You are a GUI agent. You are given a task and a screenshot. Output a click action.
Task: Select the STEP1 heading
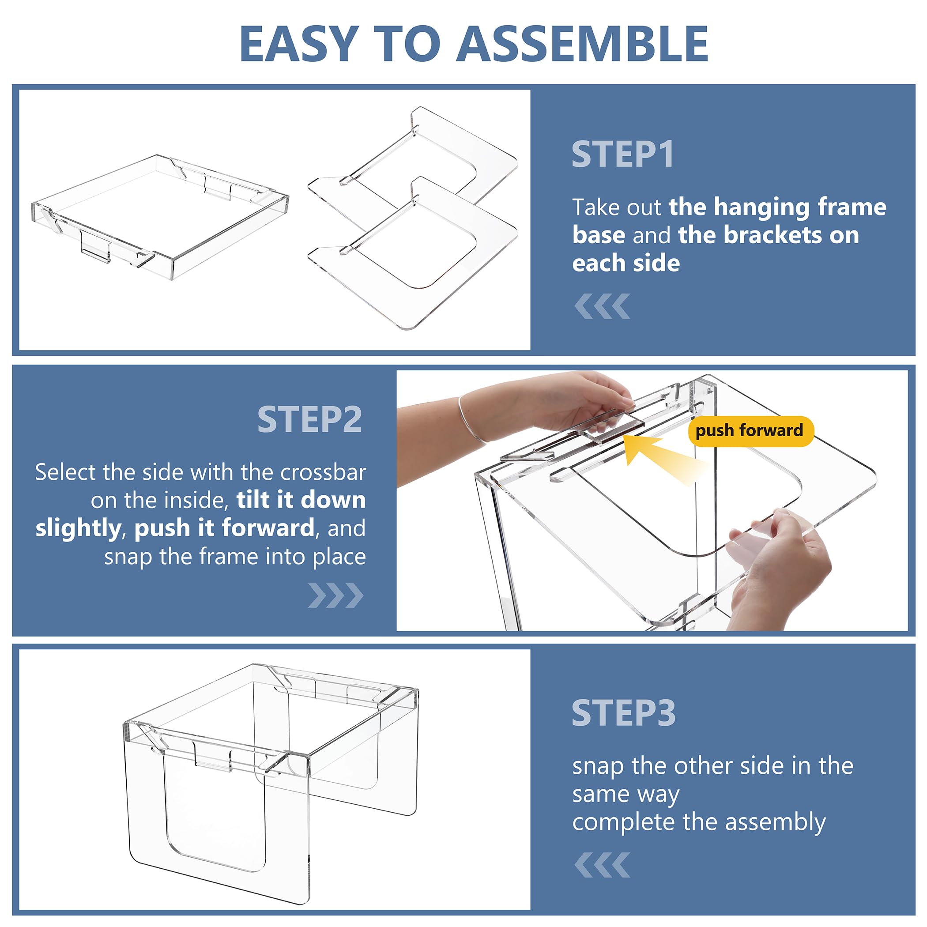pyautogui.click(x=623, y=154)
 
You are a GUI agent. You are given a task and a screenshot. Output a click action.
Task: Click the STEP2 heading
pyautogui.click(x=309, y=419)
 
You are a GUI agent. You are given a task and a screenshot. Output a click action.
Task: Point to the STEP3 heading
pyautogui.click(x=623, y=713)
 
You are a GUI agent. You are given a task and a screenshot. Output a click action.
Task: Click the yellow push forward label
pyautogui.click(x=750, y=430)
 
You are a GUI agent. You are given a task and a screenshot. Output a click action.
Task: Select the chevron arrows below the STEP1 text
pyautogui.click(x=602, y=306)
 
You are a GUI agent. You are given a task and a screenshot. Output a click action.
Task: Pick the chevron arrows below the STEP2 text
pyautogui.click(x=336, y=595)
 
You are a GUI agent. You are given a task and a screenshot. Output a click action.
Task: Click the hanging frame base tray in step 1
pyautogui.click(x=160, y=217)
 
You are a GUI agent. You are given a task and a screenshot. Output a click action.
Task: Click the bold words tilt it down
pyautogui.click(x=301, y=501)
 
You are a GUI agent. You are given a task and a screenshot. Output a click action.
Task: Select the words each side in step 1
pyautogui.click(x=626, y=264)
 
